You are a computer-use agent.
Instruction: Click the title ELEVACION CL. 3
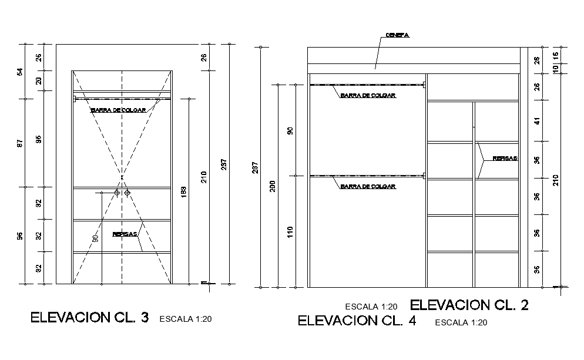[x=89, y=318]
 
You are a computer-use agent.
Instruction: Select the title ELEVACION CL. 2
[x=469, y=305]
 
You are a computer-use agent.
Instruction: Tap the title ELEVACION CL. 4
[x=357, y=321]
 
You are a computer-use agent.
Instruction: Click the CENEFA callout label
[x=397, y=35]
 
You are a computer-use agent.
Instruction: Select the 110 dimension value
[x=290, y=233]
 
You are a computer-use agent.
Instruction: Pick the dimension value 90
[x=290, y=130]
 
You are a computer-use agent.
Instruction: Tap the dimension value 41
[x=536, y=122]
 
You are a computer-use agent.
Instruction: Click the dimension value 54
[x=20, y=72]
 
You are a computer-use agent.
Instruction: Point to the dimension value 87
[x=20, y=143]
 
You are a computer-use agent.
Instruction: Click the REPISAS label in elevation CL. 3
[x=125, y=234]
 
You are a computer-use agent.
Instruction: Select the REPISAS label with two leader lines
[x=505, y=159]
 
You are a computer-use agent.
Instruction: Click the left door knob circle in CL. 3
[x=117, y=193]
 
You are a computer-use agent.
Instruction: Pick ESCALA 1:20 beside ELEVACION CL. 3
[x=185, y=319]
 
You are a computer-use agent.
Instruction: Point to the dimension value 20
[x=39, y=80]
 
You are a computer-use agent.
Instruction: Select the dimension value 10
[x=555, y=69]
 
